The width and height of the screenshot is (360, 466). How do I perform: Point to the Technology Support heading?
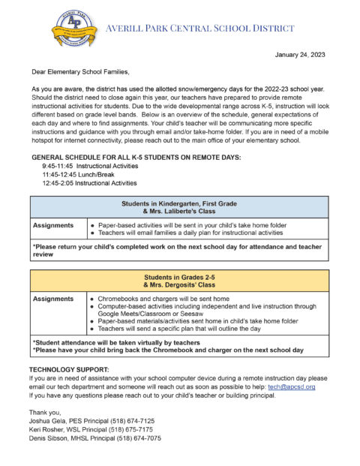click(69, 370)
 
